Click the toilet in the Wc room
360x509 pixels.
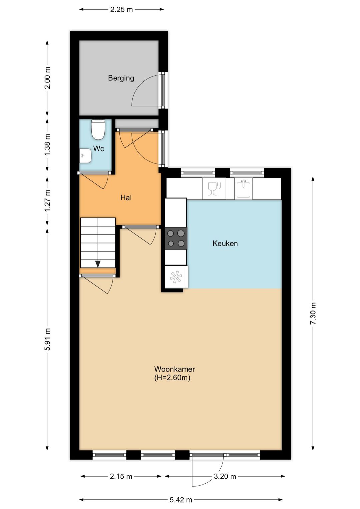click(98, 129)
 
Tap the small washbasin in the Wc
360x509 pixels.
click(85, 156)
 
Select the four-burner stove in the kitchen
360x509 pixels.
click(176, 238)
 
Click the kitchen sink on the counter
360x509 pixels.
click(244, 188)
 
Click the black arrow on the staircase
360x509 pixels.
click(98, 264)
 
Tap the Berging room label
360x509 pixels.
click(121, 78)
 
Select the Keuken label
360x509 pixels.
click(225, 243)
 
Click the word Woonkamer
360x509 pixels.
click(175, 369)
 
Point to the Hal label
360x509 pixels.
click(126, 197)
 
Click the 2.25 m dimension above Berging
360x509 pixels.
click(122, 10)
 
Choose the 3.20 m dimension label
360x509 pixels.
click(225, 476)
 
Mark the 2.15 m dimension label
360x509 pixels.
click(121, 476)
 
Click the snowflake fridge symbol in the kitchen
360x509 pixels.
click(176, 277)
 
